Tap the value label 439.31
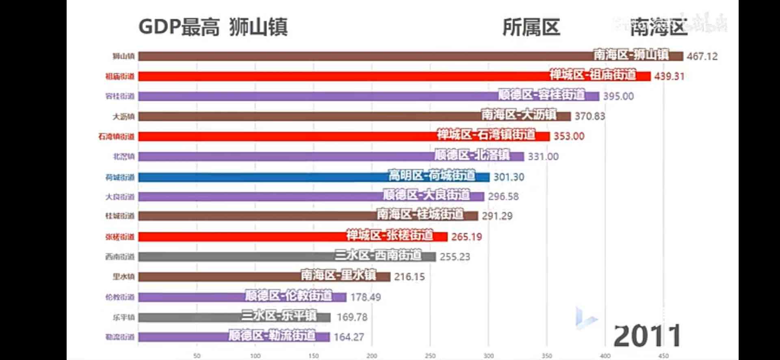coord(669,76)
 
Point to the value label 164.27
coord(349,337)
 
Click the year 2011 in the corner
coord(647,336)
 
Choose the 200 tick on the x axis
coord(372,356)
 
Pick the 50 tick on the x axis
coord(197,356)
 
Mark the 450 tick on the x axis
coord(663,356)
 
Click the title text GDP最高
coord(179,27)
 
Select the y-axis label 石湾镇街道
coord(116,137)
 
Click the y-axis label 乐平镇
coord(123,317)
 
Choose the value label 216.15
coord(409,277)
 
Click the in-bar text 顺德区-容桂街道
coord(542,95)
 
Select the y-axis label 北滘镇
coord(123,156)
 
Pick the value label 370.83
coord(589,116)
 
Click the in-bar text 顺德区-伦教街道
coord(288,296)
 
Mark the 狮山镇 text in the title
coord(258,27)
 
